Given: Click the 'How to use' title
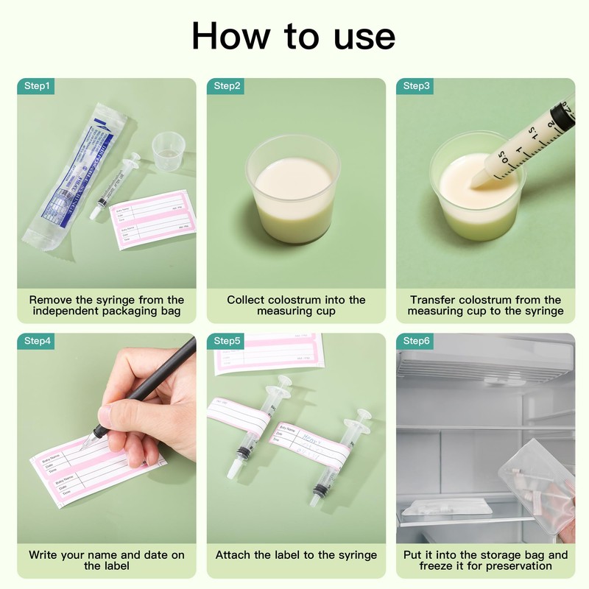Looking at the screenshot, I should coord(294,35).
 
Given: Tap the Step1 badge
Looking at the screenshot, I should coord(37,86).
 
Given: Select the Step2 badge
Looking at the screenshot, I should coord(227,86).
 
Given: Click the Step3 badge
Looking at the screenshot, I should coord(417,86).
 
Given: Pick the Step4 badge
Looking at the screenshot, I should coord(37,341).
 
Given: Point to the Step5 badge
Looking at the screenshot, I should coord(227,341).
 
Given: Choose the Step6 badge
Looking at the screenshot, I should coord(417,341).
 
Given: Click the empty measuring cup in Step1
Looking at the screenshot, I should coord(169,151).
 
